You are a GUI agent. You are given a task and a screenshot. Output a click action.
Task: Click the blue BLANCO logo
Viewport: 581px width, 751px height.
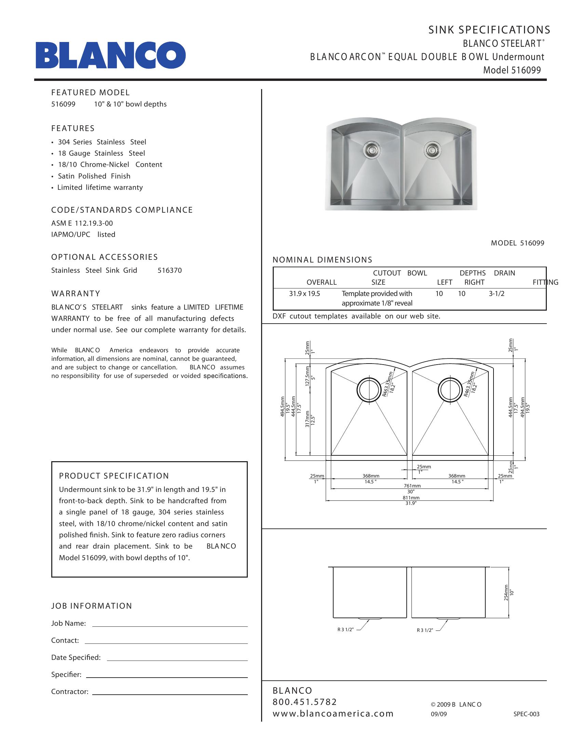pyautogui.click(x=110, y=55)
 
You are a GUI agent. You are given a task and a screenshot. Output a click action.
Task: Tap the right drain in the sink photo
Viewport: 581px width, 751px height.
pyautogui.click(x=430, y=149)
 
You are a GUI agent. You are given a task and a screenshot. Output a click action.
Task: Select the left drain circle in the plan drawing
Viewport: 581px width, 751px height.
pyautogui.click(x=369, y=390)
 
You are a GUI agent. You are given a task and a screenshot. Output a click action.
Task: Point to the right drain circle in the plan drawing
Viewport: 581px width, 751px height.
pyautogui.click(x=450, y=390)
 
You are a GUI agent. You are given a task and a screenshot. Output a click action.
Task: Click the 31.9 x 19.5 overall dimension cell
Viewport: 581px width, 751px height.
pyautogui.click(x=304, y=294)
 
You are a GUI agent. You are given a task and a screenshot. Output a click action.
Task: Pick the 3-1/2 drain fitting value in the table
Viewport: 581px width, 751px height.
pyautogui.click(x=497, y=294)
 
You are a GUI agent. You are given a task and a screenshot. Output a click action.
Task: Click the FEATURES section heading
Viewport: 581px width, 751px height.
pyautogui.click(x=72, y=128)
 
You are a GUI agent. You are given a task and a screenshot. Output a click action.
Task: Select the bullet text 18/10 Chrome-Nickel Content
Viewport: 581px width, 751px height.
pyautogui.click(x=110, y=165)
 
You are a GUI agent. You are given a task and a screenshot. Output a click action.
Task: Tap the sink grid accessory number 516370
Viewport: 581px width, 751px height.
pyautogui.click(x=170, y=271)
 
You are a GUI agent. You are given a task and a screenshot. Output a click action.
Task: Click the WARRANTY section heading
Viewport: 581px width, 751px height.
pyautogui.click(x=76, y=294)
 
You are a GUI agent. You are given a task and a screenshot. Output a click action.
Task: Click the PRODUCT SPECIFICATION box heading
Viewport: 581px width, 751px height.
pyautogui.click(x=114, y=476)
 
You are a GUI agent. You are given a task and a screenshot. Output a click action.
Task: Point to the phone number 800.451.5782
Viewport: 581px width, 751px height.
pyautogui.click(x=305, y=702)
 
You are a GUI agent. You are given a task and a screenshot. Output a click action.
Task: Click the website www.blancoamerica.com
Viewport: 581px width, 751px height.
pyautogui.click(x=333, y=713)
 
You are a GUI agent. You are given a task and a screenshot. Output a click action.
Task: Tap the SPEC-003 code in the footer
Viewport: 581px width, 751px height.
pyautogui.click(x=526, y=714)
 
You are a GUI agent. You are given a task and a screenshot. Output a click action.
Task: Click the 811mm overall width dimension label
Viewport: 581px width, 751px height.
pyautogui.click(x=411, y=498)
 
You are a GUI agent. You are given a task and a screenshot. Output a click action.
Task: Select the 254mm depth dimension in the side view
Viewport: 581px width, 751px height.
pyautogui.click(x=506, y=593)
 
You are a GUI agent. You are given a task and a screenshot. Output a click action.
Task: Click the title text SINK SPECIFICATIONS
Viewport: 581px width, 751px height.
pyautogui.click(x=489, y=30)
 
